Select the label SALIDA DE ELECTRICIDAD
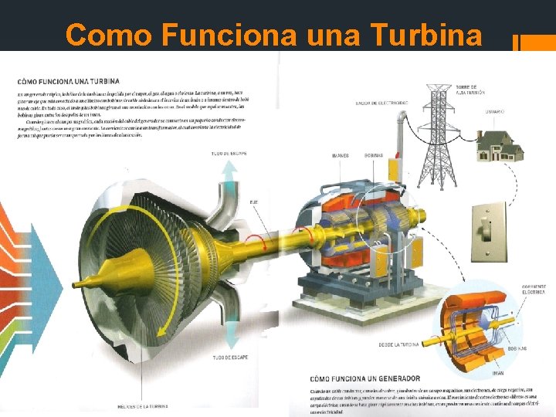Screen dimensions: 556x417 381,103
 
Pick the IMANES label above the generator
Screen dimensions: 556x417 340,155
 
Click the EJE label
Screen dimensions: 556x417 253,202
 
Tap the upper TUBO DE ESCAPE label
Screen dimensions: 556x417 229,153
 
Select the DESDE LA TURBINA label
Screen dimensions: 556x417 398,344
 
